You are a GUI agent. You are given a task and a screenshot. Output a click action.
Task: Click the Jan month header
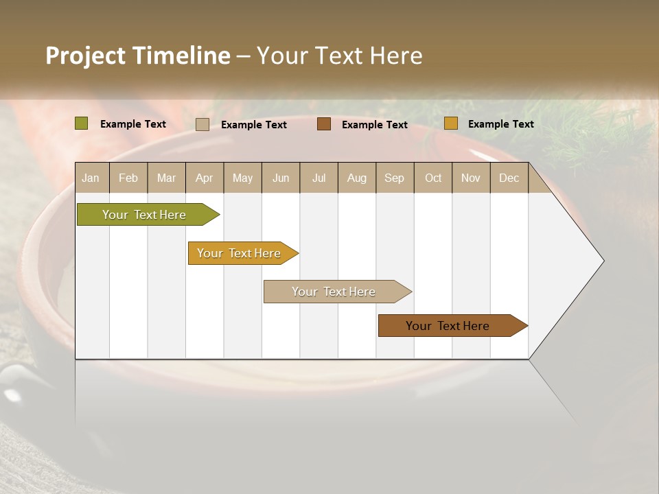(91, 178)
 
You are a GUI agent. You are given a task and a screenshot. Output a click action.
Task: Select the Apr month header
(205, 178)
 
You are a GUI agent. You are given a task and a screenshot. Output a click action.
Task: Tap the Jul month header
(319, 178)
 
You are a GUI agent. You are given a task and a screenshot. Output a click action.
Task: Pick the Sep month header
(395, 178)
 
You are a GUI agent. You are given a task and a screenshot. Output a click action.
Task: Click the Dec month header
(509, 178)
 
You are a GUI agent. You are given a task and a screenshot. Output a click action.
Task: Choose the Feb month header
(128, 178)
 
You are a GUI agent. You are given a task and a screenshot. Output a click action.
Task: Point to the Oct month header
(433, 178)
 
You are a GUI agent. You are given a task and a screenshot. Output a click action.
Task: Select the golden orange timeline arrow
(241, 253)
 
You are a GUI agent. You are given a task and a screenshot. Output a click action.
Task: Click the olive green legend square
(82, 123)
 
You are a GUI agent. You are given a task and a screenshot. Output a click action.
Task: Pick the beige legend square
(203, 124)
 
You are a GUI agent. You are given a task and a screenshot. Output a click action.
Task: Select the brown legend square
(324, 123)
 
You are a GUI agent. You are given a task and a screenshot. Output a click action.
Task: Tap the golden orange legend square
(451, 123)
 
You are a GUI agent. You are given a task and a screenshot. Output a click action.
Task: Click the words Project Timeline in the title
(138, 56)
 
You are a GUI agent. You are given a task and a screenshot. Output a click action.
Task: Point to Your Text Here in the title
(340, 56)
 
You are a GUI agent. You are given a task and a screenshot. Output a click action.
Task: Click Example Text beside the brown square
(375, 124)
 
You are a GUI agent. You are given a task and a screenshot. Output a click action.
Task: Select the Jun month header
(281, 178)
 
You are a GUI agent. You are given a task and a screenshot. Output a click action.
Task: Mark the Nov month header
(471, 178)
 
